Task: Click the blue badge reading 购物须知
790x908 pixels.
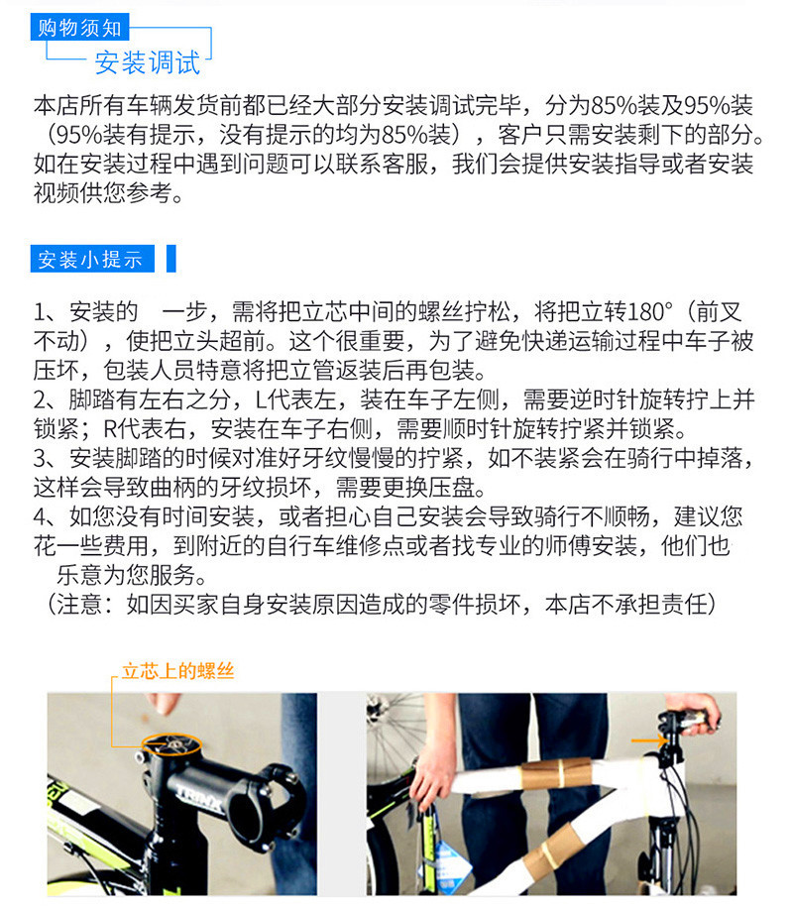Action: point(79,27)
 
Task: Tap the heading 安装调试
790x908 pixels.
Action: point(147,62)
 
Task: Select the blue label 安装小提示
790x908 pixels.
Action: point(92,259)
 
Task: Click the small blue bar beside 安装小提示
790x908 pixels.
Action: point(170,259)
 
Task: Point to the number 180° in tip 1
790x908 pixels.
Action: point(649,311)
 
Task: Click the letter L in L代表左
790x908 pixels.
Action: point(260,399)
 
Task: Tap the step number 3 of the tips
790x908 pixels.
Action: point(41,458)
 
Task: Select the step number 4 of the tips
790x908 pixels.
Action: point(41,516)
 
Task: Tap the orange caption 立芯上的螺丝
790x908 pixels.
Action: point(177,671)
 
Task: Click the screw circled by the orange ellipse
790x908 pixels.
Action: point(171,744)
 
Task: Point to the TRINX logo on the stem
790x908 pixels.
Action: point(198,798)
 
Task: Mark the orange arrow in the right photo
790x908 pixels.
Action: point(649,740)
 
